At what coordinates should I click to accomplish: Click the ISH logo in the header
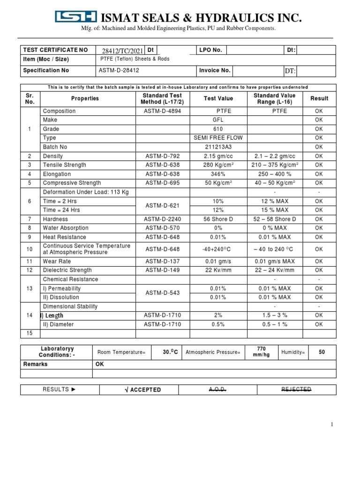76,17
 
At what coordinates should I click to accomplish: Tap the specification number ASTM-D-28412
119,70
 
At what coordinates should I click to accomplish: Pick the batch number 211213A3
218,147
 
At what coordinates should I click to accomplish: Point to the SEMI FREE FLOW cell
218,138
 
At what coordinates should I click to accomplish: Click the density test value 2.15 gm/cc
218,156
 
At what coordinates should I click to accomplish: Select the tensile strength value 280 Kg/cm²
218,165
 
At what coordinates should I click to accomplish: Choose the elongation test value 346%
218,174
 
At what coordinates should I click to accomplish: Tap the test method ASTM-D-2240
162,219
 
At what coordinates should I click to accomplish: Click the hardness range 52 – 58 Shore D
274,219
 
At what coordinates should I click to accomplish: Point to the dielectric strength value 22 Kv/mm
218,270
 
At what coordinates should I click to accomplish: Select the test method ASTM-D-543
162,293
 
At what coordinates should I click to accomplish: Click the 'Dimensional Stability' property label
70,307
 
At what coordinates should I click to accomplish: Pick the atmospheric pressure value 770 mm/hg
262,352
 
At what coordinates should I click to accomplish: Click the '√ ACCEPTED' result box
145,390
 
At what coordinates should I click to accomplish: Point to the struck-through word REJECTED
296,390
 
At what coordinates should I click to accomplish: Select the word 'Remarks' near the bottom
36,364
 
